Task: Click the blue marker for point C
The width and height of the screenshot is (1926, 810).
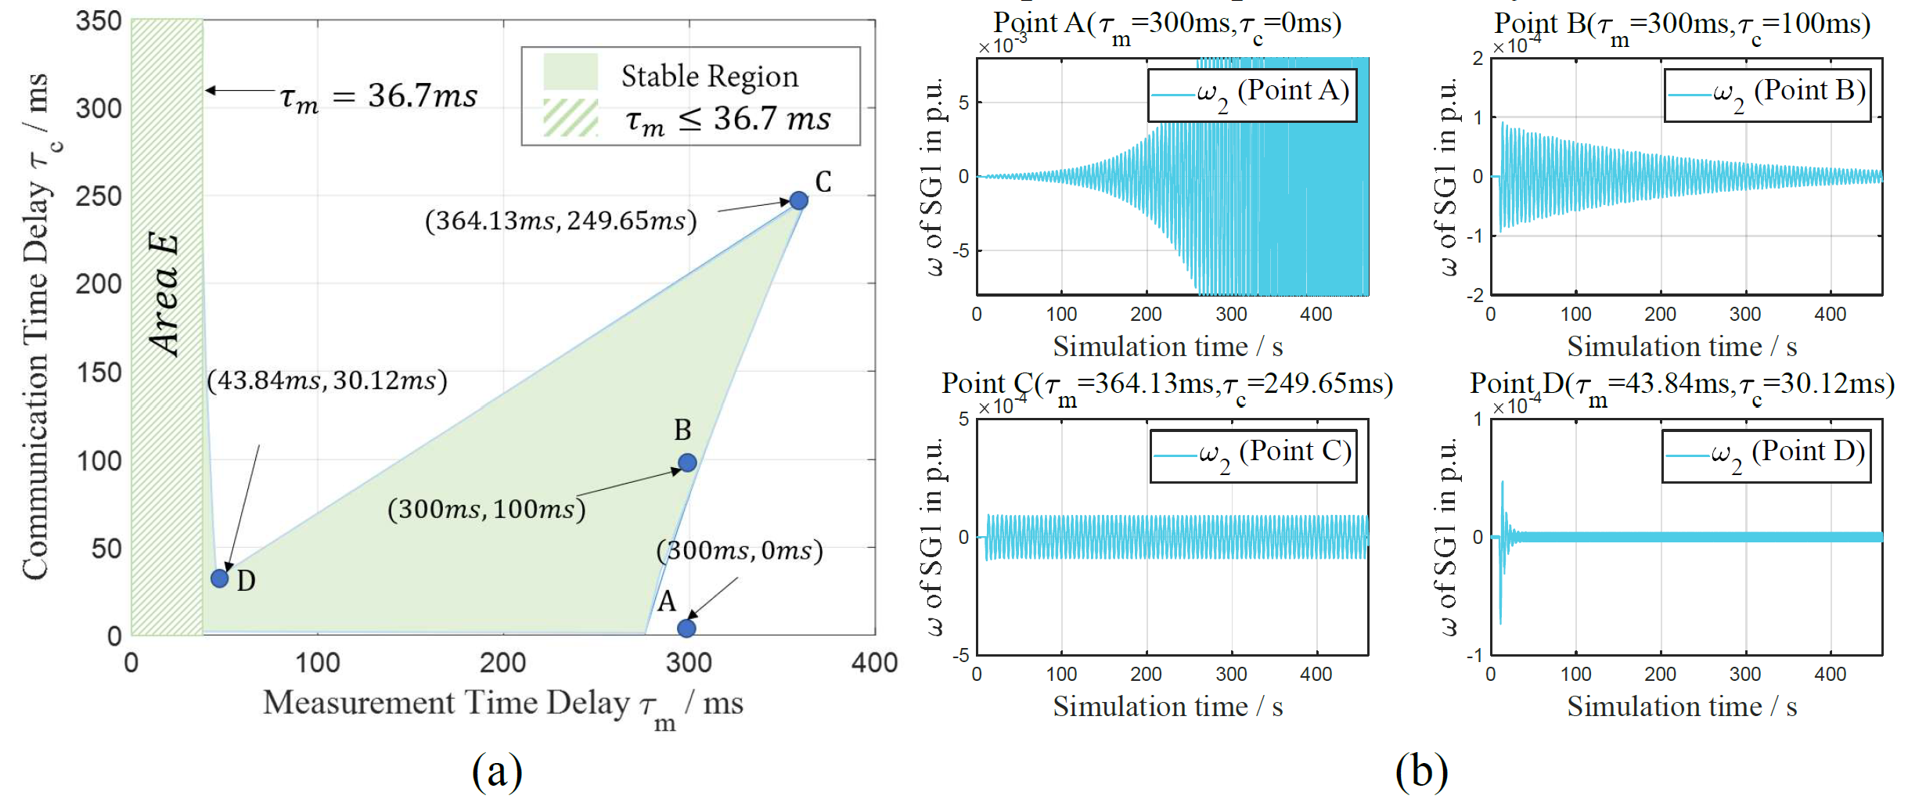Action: pos(798,200)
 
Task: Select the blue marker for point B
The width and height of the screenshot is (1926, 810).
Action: pos(687,463)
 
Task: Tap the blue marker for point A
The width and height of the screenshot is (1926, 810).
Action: pos(686,628)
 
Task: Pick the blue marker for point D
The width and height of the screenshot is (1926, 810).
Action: pos(220,578)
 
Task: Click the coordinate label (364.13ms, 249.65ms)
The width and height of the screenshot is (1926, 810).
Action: pos(560,221)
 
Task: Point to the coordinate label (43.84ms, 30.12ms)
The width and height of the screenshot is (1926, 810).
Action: pos(327,381)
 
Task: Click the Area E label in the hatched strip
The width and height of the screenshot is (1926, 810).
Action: pos(165,295)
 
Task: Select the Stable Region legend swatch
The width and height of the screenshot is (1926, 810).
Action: pos(571,72)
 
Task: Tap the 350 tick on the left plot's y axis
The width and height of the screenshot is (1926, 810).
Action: pos(99,21)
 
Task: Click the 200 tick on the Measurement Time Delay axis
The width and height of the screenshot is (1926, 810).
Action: pos(502,663)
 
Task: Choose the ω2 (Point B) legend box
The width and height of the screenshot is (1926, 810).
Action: pos(1767,95)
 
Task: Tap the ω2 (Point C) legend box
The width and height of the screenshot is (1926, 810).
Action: pos(1253,455)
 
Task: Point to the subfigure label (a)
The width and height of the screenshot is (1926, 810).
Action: pos(497,772)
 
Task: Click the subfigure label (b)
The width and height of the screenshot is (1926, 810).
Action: pos(1421,772)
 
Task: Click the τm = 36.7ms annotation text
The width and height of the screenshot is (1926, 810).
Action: pos(379,97)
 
